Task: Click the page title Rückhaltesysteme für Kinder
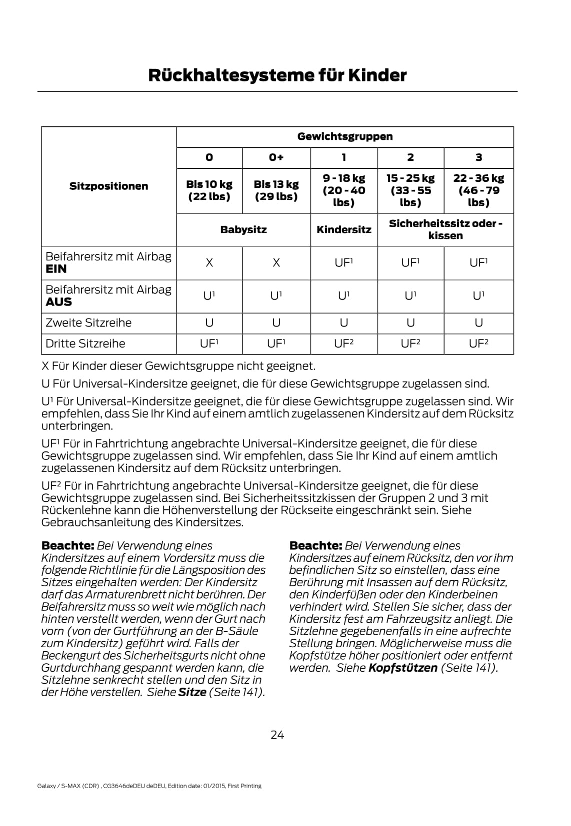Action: pos(277,75)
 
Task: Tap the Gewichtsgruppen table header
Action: pos(345,137)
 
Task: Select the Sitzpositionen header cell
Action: pos(108,186)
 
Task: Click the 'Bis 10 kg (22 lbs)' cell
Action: pos(209,190)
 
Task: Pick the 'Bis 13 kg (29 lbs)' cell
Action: pos(276,190)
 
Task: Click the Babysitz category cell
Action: pos(243,230)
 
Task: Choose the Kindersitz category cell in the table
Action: pos(344,230)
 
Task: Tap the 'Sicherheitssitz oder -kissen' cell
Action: pos(445,230)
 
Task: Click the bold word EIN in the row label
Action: pos(56,269)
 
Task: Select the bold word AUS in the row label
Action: pos(58,302)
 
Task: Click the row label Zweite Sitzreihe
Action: pos(88,323)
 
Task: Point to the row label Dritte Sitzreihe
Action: pos(85,344)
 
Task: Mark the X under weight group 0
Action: pos(209,263)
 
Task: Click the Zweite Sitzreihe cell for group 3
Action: pos(478,323)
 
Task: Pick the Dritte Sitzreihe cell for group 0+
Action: pos(276,344)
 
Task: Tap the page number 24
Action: pos(277,735)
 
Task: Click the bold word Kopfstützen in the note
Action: pos(403,668)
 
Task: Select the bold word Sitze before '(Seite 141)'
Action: pos(192,693)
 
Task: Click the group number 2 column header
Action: pos(410,158)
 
